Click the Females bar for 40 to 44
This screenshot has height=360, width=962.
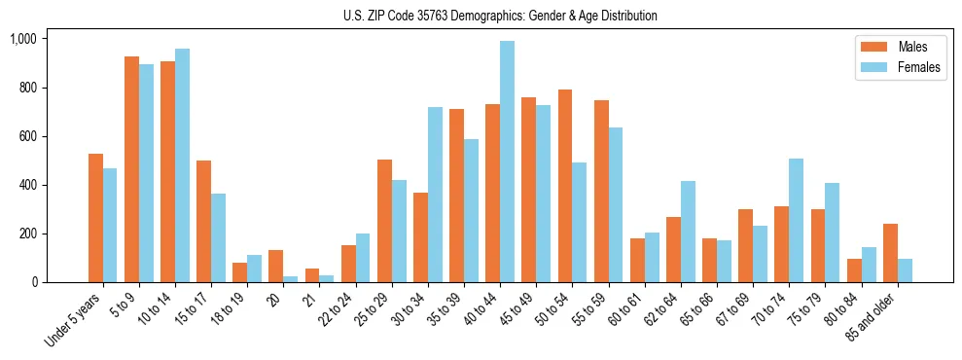tap(507, 162)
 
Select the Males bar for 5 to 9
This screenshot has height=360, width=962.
tap(131, 169)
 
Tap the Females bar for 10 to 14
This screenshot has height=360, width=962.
tap(182, 165)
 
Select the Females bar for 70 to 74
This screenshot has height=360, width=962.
tap(796, 220)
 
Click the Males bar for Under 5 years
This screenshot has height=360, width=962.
tap(95, 218)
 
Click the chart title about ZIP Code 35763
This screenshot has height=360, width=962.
tap(500, 16)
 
